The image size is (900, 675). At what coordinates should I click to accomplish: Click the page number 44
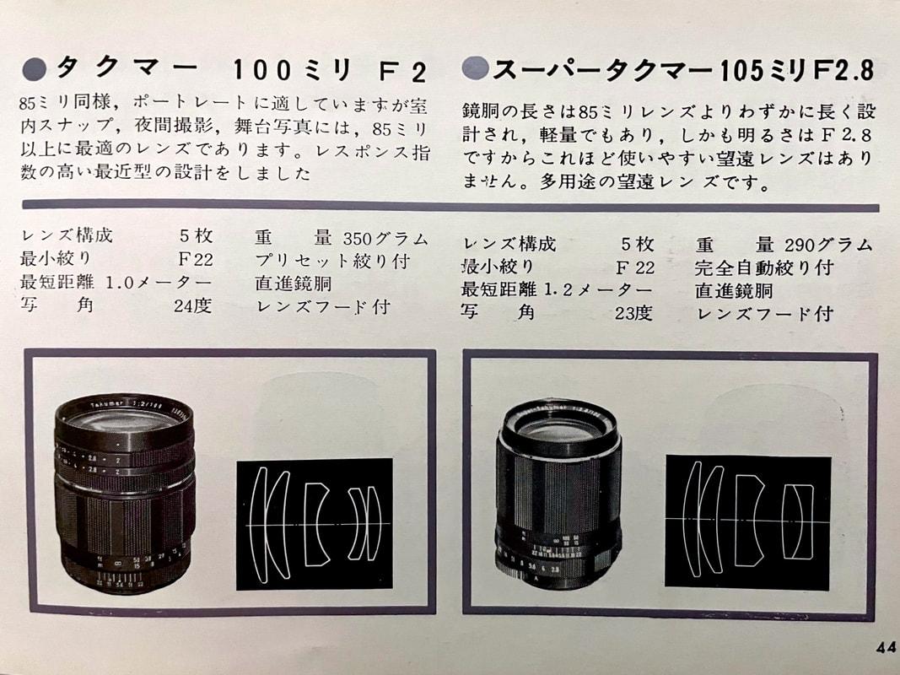coord(885,648)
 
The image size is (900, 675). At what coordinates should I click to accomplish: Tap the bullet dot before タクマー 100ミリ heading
coord(36,68)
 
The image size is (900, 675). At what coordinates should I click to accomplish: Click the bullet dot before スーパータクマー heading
coord(476,68)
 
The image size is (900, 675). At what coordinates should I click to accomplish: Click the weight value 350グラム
coord(385,238)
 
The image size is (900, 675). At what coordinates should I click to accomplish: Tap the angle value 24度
coord(192,305)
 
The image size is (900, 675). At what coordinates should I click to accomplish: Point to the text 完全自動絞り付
coord(763,267)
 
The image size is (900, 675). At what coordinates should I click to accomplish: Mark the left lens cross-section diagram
coord(314,524)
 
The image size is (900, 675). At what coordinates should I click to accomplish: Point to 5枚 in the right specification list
coord(637,245)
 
